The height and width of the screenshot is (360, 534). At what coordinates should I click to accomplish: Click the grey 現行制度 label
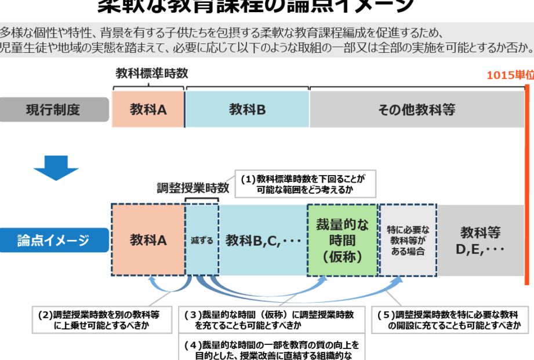coord(55,110)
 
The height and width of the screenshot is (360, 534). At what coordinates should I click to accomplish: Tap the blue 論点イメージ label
coord(55,240)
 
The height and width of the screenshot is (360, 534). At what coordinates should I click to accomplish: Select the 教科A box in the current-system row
coord(148,110)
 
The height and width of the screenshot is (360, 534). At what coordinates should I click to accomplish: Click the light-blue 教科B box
coord(247,110)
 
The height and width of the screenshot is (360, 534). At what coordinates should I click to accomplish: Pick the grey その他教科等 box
coord(416,110)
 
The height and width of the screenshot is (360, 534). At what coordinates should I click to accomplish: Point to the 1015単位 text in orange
coord(510,75)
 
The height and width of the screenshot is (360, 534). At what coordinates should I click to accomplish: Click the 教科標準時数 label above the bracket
coord(152,74)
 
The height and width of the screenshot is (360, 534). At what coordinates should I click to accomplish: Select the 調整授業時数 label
coord(193,188)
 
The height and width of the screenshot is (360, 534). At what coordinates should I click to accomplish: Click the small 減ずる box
coord(202,240)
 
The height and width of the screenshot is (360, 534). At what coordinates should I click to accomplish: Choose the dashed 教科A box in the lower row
coord(148,240)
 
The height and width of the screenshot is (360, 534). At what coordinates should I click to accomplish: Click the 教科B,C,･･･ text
coord(263,240)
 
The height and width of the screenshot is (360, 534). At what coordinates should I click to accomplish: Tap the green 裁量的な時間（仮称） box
coord(342,240)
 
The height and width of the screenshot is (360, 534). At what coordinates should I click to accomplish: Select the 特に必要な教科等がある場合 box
coord(408,240)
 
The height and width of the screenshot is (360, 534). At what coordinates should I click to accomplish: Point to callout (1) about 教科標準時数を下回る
coord(304,184)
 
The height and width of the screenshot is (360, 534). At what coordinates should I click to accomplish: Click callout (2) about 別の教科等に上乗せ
coord(102,320)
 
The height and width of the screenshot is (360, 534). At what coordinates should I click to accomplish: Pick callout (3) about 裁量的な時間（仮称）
coord(273,320)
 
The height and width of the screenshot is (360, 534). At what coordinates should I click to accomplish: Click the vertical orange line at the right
coord(526,186)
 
